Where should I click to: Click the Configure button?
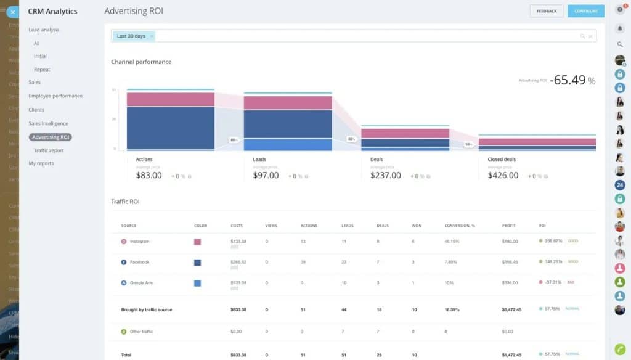pyautogui.click(x=585, y=11)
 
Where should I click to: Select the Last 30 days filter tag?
pyautogui.click(x=131, y=36)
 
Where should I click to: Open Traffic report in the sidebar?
pyautogui.click(x=49, y=150)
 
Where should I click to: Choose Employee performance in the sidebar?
pyautogui.click(x=55, y=96)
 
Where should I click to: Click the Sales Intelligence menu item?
pyautogui.click(x=48, y=124)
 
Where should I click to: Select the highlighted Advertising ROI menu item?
pyautogui.click(x=51, y=137)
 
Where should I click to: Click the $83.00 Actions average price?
pyautogui.click(x=149, y=176)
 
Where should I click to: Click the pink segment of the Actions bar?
pyautogui.click(x=171, y=99)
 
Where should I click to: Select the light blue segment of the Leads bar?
pyautogui.click(x=288, y=145)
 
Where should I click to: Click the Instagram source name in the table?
pyautogui.click(x=139, y=242)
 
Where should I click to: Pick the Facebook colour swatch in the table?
pyautogui.click(x=197, y=263)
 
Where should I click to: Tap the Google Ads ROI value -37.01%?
pyautogui.click(x=553, y=282)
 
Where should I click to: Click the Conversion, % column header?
pyautogui.click(x=460, y=226)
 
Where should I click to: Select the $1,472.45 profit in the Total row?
pyautogui.click(x=512, y=355)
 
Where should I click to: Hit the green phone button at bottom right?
pyautogui.click(x=620, y=348)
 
